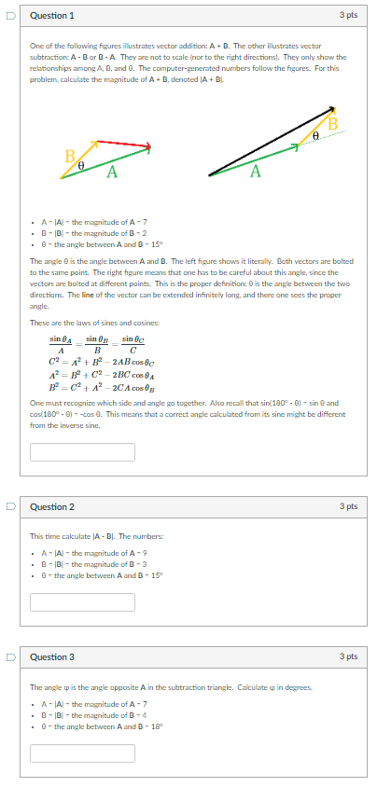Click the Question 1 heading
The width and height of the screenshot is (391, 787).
pos(52,16)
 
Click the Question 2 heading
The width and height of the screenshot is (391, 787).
pos(52,507)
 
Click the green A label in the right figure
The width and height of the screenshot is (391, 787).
pos(255,171)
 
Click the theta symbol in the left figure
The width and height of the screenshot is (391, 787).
pos(82,164)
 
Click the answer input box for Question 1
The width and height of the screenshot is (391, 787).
pos(82,452)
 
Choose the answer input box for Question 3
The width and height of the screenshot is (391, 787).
pos(82,752)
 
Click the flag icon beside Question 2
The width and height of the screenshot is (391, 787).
pos(11,507)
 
